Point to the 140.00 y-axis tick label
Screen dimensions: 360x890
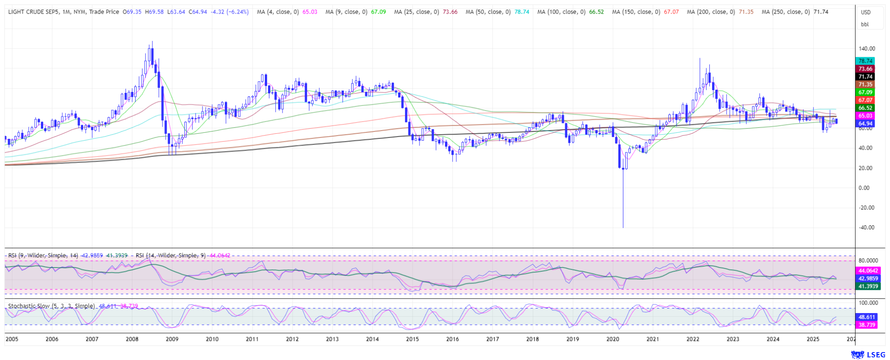(867, 49)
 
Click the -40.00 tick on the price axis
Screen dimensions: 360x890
(866, 228)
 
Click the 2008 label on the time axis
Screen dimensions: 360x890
(132, 339)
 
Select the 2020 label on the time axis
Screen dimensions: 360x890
(613, 339)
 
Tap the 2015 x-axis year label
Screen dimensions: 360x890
(412, 339)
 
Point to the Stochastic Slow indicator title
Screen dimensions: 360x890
(52, 306)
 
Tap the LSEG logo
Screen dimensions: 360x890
(868, 355)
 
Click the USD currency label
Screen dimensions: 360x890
(865, 13)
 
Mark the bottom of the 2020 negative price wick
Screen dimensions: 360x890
(623, 227)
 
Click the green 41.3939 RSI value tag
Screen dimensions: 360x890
(868, 287)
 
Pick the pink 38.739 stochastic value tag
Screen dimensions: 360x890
(867, 325)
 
